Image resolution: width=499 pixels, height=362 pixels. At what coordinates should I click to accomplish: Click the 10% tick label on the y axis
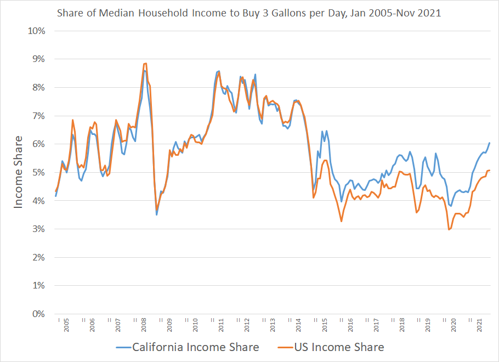click(36, 30)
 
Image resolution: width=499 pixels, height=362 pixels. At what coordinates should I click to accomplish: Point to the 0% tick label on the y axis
click(38, 314)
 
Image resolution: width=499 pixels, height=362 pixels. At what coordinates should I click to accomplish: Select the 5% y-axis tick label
click(38, 172)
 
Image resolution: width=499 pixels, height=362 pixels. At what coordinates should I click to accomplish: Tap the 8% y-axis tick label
click(38, 87)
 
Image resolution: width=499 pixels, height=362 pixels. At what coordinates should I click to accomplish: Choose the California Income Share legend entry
click(188, 347)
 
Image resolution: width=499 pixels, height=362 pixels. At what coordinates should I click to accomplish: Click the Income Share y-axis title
click(19, 172)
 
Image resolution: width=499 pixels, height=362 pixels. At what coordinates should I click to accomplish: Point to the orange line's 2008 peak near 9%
click(145, 63)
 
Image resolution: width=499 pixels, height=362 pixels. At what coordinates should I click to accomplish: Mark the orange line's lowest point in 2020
click(449, 229)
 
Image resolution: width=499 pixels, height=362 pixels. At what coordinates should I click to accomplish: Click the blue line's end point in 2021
click(490, 143)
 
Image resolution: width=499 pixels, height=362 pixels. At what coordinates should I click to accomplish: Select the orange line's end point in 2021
click(490, 170)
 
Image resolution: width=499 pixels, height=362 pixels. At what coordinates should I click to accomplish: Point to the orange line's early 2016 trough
click(342, 222)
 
